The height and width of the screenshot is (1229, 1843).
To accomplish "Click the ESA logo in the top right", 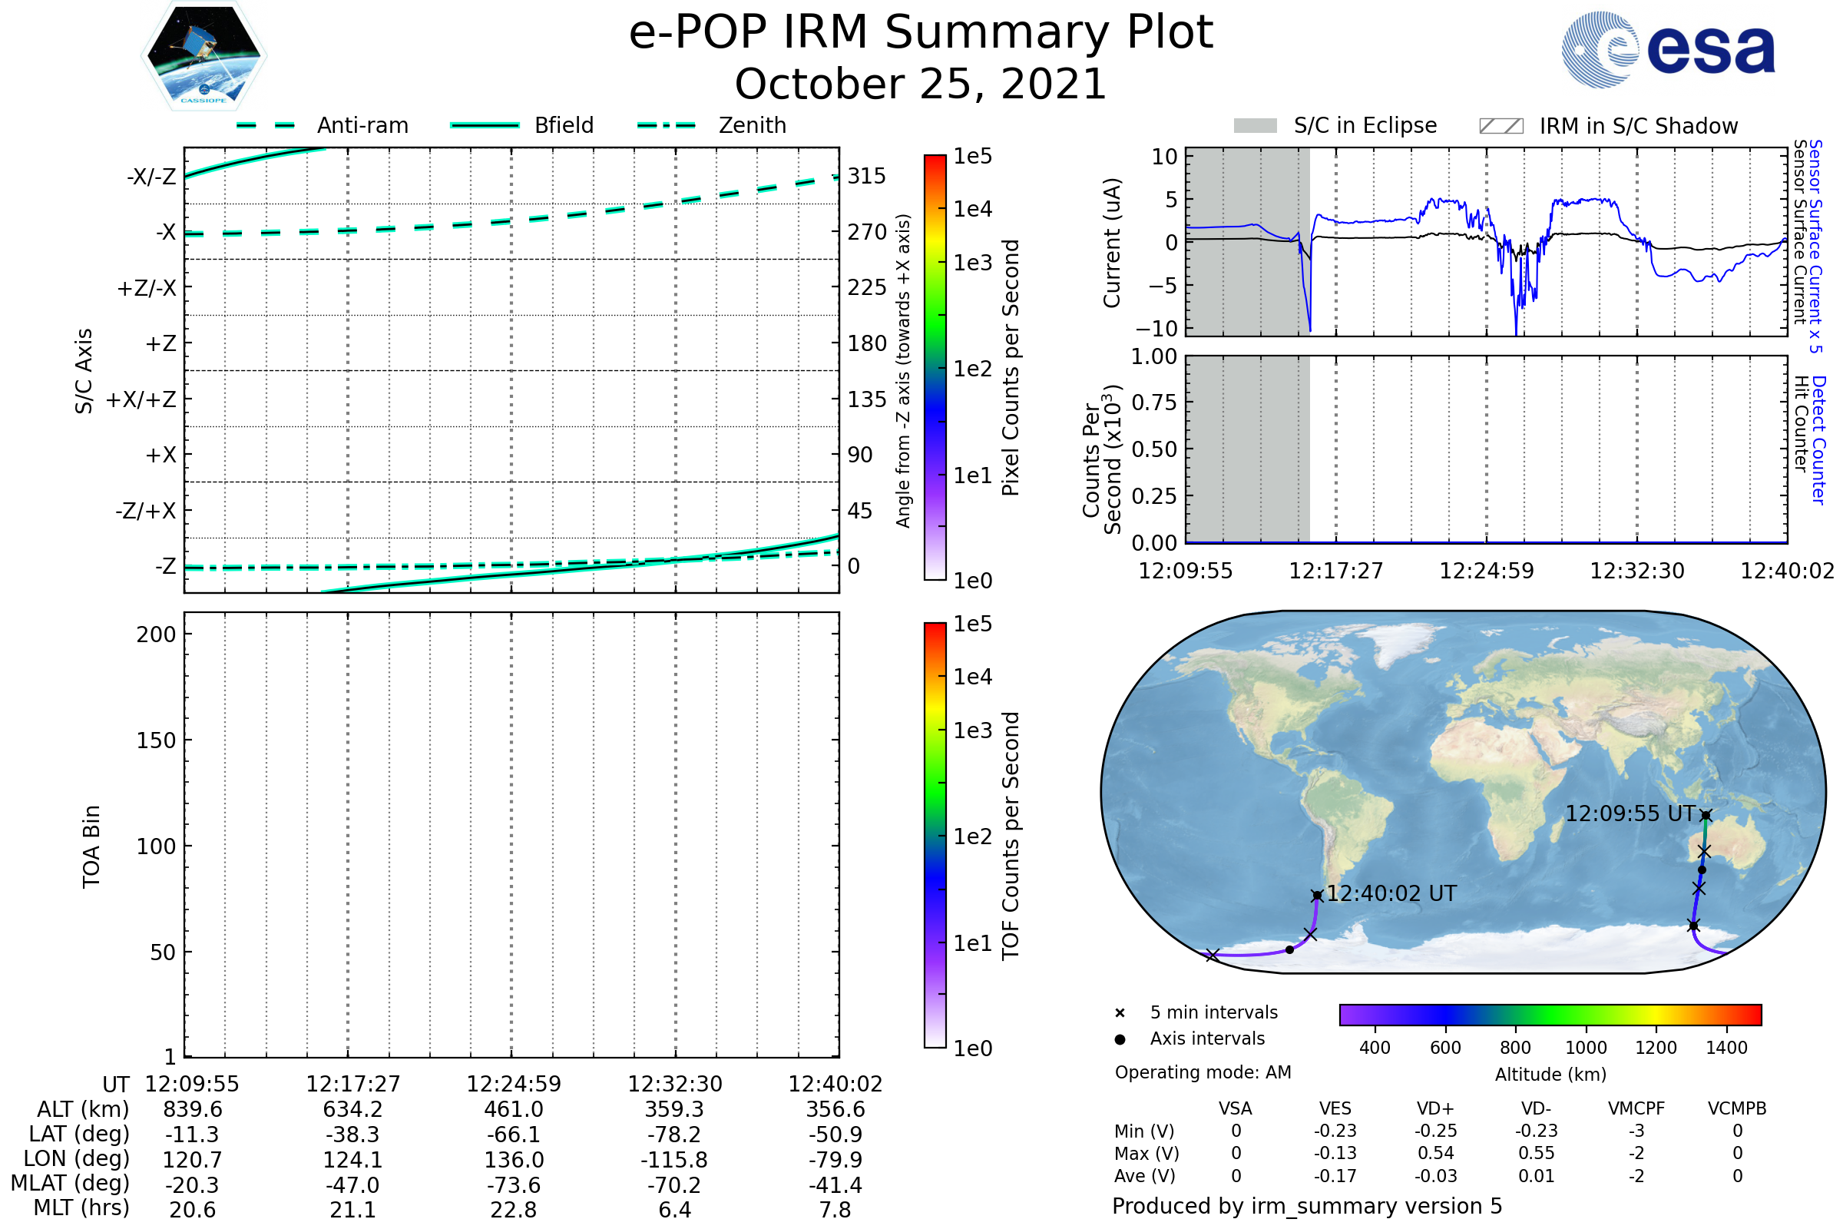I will (x=1669, y=49).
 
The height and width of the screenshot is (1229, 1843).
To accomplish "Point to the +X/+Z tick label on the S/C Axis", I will (x=141, y=399).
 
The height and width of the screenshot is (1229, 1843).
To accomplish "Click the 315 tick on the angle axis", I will (x=867, y=176).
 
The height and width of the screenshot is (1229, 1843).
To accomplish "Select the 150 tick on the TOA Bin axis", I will (x=156, y=740).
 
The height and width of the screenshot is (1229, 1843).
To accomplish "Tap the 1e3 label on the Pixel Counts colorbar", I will (x=972, y=263).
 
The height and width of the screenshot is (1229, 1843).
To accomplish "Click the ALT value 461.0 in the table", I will (x=513, y=1109).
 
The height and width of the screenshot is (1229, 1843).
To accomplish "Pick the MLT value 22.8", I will (x=513, y=1209).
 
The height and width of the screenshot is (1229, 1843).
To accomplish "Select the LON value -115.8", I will (x=674, y=1159).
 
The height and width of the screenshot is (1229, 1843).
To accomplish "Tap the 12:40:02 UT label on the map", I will (x=1391, y=893).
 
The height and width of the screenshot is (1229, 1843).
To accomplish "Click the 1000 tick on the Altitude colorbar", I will (x=1585, y=1048).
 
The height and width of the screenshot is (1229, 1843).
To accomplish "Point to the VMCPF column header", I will (x=1636, y=1108).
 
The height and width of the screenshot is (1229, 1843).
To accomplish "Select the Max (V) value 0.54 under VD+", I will (x=1435, y=1153).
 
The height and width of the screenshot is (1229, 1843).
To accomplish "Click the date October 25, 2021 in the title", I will (x=921, y=84).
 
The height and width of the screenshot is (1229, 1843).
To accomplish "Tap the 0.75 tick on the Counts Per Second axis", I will (x=1154, y=402).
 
